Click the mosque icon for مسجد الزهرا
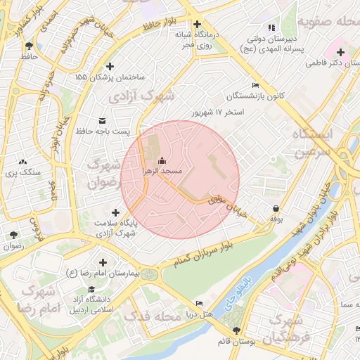pyautogui.click(x=163, y=160)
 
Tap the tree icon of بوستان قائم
pyautogui.click(x=236, y=330)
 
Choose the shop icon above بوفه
pyautogui.click(x=276, y=208)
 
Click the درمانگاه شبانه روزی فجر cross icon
pyautogui.click(x=198, y=24)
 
